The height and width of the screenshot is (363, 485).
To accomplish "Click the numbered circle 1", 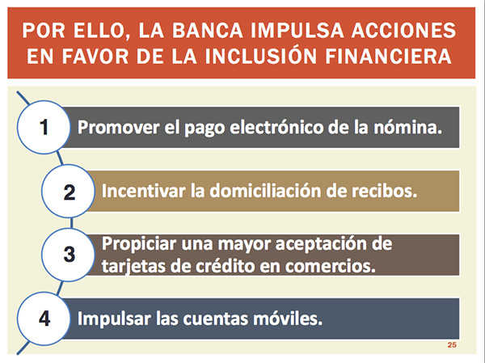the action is point(44,127).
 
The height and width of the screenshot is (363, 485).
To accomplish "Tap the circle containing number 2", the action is point(69,192).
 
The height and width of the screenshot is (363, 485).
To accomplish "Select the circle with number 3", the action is point(69,255).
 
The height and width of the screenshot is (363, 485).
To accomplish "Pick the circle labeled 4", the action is point(44,319).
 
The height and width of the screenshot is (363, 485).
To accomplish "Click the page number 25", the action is point(452,345).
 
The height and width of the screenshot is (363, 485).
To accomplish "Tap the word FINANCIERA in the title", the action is point(389,57).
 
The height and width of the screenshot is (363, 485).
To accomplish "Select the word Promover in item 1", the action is point(119,127).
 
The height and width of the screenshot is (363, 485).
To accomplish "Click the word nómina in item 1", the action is point(408,127).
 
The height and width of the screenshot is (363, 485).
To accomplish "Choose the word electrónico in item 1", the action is point(276,127).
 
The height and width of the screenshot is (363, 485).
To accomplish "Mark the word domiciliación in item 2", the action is point(266,191).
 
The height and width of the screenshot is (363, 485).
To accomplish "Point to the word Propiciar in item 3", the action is point(139,244).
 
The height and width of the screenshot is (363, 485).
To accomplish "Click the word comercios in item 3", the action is point(331,266).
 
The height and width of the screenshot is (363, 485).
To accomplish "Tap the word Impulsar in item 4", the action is point(114,319).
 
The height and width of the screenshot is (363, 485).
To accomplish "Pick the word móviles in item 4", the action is point(288,319).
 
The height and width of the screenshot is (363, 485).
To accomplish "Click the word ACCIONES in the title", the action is point(403,31).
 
